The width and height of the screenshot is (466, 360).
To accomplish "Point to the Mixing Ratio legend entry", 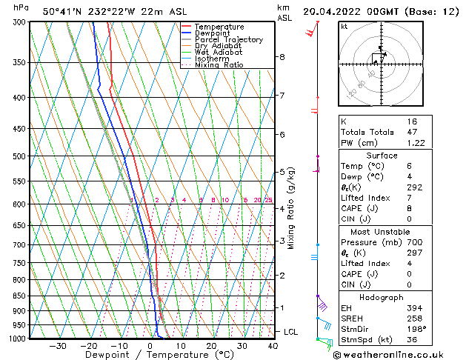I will tap(219, 65).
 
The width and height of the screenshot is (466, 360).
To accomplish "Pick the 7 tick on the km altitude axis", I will tap(282, 96).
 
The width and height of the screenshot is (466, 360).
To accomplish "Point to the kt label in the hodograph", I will tap(344, 26).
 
